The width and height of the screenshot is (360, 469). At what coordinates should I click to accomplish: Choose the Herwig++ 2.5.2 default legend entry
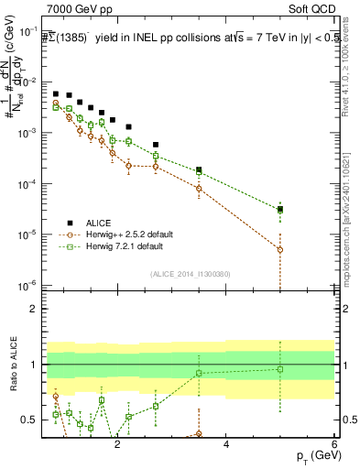(x=127, y=234)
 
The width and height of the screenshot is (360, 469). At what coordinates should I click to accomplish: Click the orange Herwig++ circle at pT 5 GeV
(x=280, y=249)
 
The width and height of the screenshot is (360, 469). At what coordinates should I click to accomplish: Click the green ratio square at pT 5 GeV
(x=280, y=369)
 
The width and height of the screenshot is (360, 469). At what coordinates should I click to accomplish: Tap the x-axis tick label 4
(x=226, y=443)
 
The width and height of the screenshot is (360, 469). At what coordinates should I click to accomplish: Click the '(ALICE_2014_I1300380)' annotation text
(x=190, y=273)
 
